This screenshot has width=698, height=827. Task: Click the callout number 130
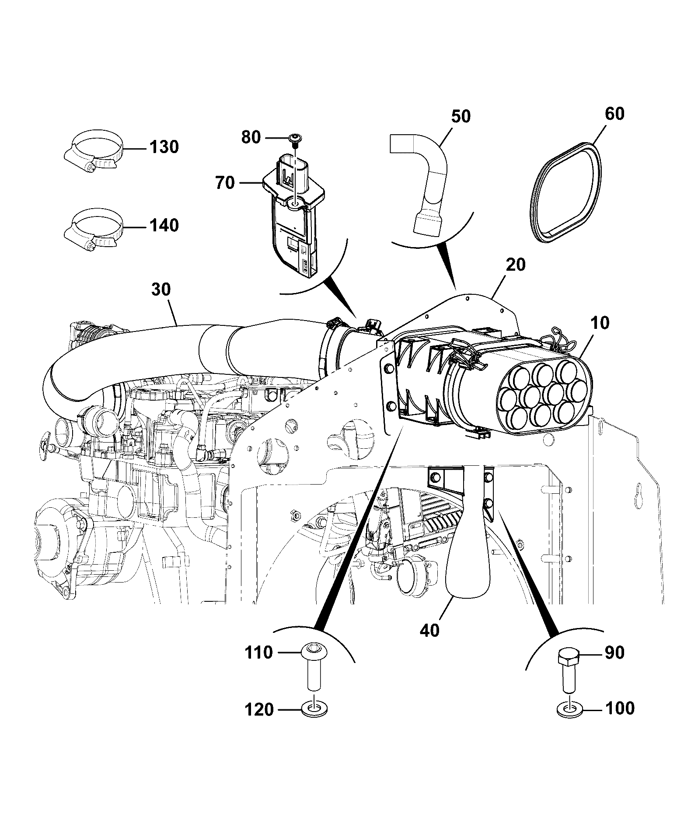[164, 147]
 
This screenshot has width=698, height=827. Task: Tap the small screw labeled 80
[295, 139]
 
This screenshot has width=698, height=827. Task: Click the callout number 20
[515, 265]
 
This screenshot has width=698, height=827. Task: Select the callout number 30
[161, 290]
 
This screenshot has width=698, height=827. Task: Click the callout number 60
[614, 115]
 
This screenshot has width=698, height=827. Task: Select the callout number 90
[614, 653]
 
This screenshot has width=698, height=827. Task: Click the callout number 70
[225, 183]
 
